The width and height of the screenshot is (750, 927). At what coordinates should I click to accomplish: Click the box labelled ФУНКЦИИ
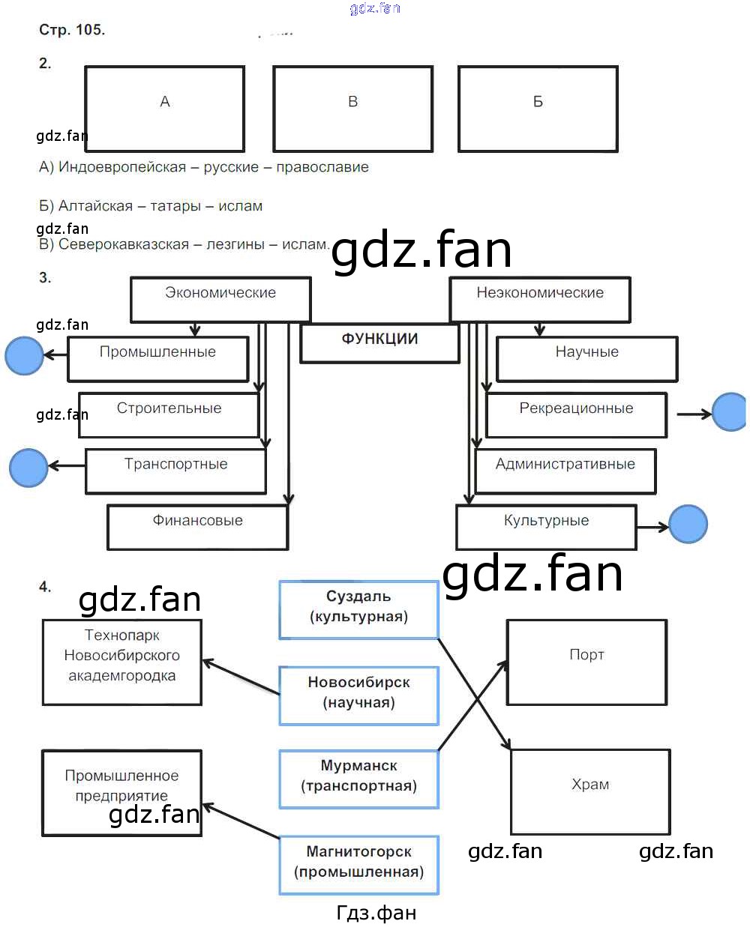pyautogui.click(x=379, y=343)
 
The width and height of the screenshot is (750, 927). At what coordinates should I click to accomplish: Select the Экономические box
pyautogui.click(x=220, y=299)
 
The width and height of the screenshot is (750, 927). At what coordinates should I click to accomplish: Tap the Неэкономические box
pyautogui.click(x=539, y=299)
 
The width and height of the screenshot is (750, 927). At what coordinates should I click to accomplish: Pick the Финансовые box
pyautogui.click(x=197, y=527)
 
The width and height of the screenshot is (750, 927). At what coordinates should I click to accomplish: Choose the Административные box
pyautogui.click(x=565, y=471)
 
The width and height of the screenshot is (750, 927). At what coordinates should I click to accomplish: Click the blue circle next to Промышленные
pyautogui.click(x=25, y=355)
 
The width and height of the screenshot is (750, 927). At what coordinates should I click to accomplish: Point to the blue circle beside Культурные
pyautogui.click(x=688, y=524)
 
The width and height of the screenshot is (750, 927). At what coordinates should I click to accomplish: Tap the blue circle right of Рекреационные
pyautogui.click(x=729, y=412)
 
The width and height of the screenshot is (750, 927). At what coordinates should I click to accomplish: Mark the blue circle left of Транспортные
pyautogui.click(x=28, y=468)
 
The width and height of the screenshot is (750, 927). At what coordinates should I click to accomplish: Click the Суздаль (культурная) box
pyautogui.click(x=358, y=609)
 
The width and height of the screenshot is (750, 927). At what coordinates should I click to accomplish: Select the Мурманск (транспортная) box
pyautogui.click(x=358, y=779)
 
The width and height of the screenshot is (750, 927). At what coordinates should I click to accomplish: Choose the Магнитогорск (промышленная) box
pyautogui.click(x=358, y=865)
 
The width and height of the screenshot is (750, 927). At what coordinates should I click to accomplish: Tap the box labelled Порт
pyautogui.click(x=586, y=662)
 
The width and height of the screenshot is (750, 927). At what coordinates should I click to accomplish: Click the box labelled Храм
pyautogui.click(x=590, y=791)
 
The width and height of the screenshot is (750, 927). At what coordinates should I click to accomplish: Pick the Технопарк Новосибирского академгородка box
pyautogui.click(x=121, y=662)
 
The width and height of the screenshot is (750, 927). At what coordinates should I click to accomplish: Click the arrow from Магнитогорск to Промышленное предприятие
pyautogui.click(x=241, y=821)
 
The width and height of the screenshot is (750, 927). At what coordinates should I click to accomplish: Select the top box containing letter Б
pyautogui.click(x=538, y=109)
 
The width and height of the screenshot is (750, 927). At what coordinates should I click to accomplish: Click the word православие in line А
pyautogui.click(x=322, y=167)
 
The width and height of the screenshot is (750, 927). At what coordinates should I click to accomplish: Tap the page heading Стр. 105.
pyautogui.click(x=72, y=30)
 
